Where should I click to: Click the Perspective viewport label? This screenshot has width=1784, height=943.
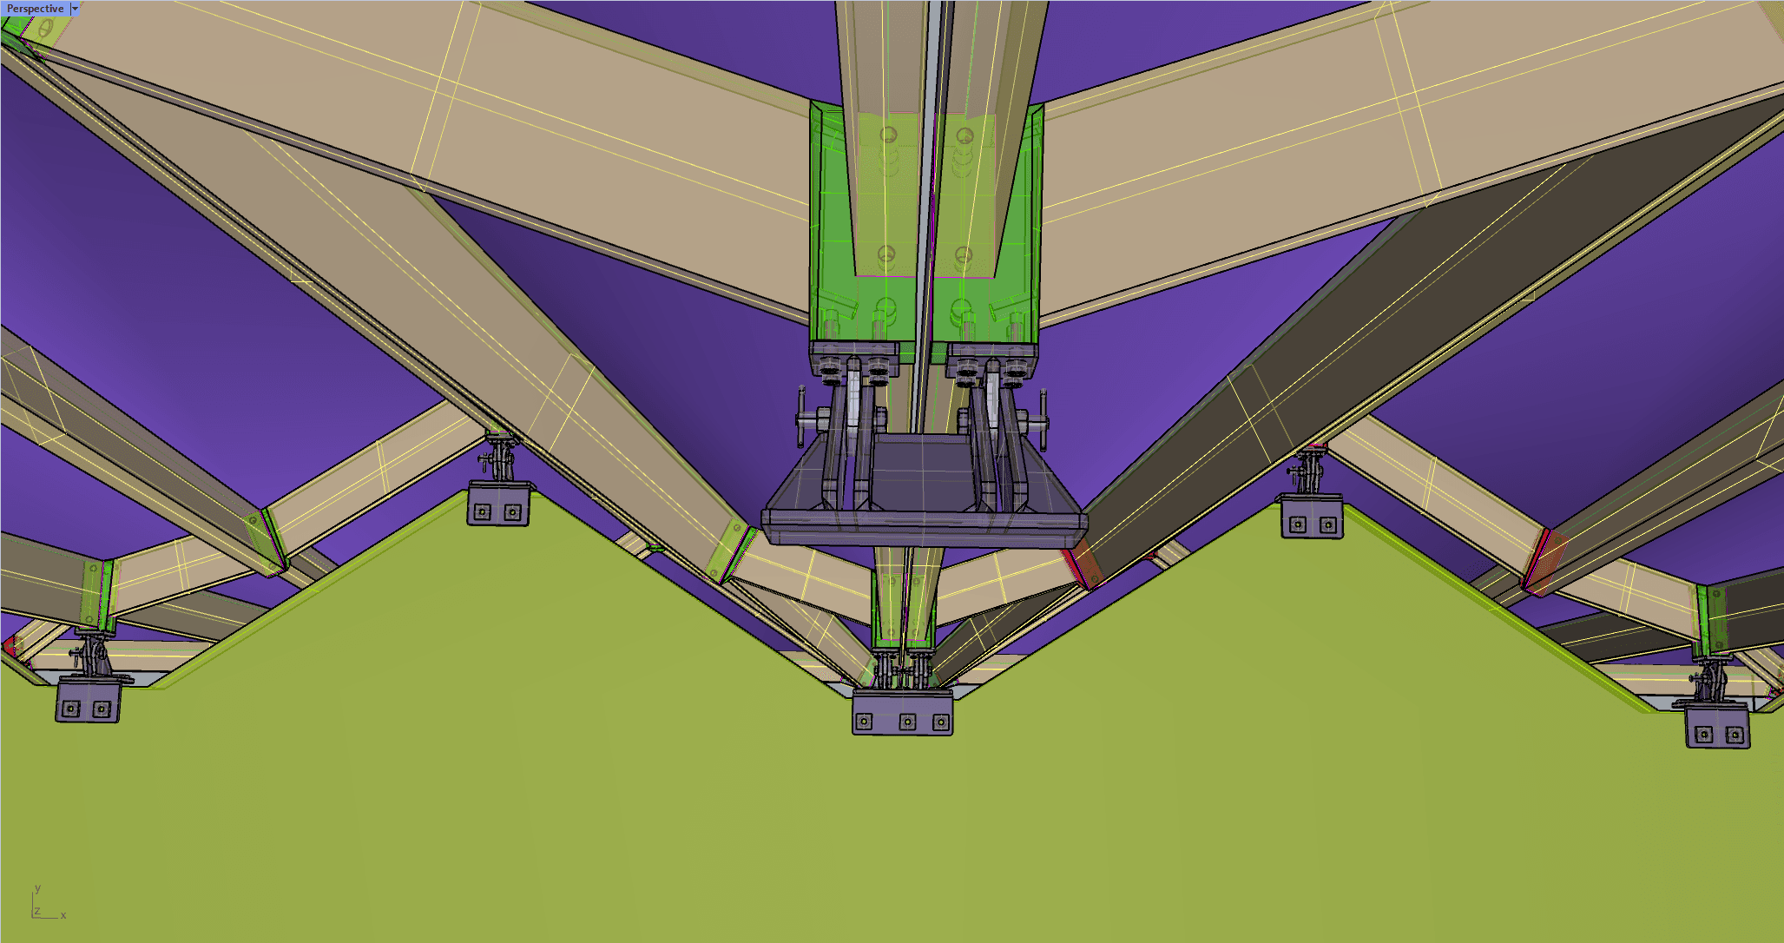click(x=36, y=9)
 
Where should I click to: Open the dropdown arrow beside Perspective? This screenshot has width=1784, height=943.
click(x=75, y=9)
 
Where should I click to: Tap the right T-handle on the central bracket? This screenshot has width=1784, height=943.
click(x=1040, y=420)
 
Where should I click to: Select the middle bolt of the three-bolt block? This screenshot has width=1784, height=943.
click(x=907, y=722)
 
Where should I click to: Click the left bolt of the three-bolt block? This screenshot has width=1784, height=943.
click(x=864, y=722)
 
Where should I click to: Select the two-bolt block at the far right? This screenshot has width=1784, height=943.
click(x=1718, y=727)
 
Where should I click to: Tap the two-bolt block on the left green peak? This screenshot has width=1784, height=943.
click(x=498, y=504)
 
